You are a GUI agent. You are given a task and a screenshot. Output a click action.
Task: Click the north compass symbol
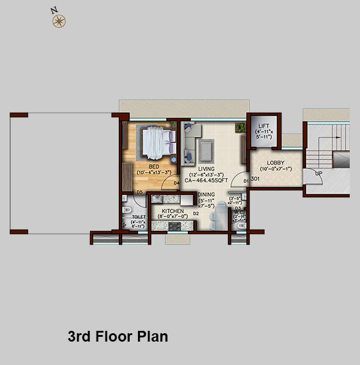click(58, 22)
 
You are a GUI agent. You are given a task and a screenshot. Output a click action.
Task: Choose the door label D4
click(176, 183)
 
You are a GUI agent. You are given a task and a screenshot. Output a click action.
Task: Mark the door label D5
click(139, 192)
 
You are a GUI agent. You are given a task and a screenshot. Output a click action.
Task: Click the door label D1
click(245, 179)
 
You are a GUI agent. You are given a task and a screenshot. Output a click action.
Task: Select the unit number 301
click(255, 179)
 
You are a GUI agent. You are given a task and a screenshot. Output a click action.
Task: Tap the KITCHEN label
click(173, 210)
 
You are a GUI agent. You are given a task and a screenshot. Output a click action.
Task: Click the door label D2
click(196, 213)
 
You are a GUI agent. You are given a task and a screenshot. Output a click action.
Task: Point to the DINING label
click(207, 194)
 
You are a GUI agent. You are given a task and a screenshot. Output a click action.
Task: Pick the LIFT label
click(263, 126)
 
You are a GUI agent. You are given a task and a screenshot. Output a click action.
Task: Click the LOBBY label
click(275, 162)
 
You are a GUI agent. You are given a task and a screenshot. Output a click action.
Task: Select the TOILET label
click(139, 217)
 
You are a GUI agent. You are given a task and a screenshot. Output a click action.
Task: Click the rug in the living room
click(205, 147)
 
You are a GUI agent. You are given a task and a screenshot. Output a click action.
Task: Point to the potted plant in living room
click(240, 127)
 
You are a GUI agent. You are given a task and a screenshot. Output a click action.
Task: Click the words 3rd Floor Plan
click(118, 336)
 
